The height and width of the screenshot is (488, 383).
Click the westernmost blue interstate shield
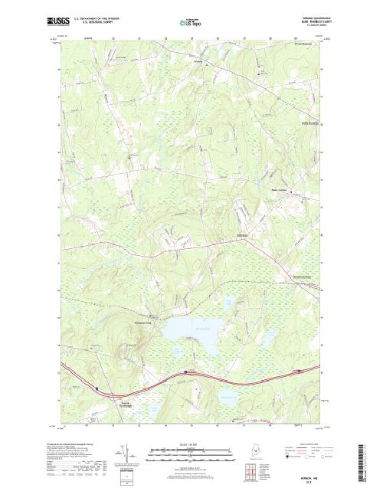[97, 388]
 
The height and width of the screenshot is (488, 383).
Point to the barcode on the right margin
[375, 460]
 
